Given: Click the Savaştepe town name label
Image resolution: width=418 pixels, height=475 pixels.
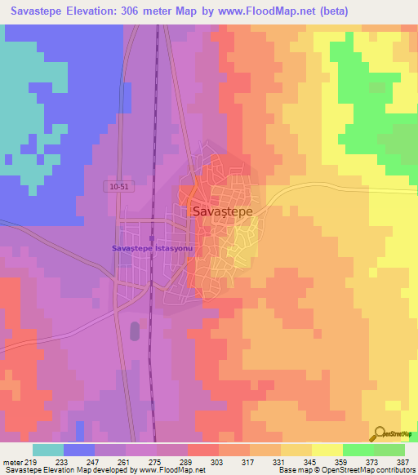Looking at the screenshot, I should [x=223, y=211].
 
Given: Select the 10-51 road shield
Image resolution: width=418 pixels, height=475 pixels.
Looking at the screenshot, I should [x=118, y=187].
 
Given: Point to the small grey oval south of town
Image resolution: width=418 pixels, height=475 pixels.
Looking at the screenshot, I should [x=135, y=331].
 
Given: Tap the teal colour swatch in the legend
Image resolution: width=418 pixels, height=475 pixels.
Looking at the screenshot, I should [x=48, y=450].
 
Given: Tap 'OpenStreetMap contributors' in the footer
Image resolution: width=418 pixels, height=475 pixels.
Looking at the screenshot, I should [x=370, y=470].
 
